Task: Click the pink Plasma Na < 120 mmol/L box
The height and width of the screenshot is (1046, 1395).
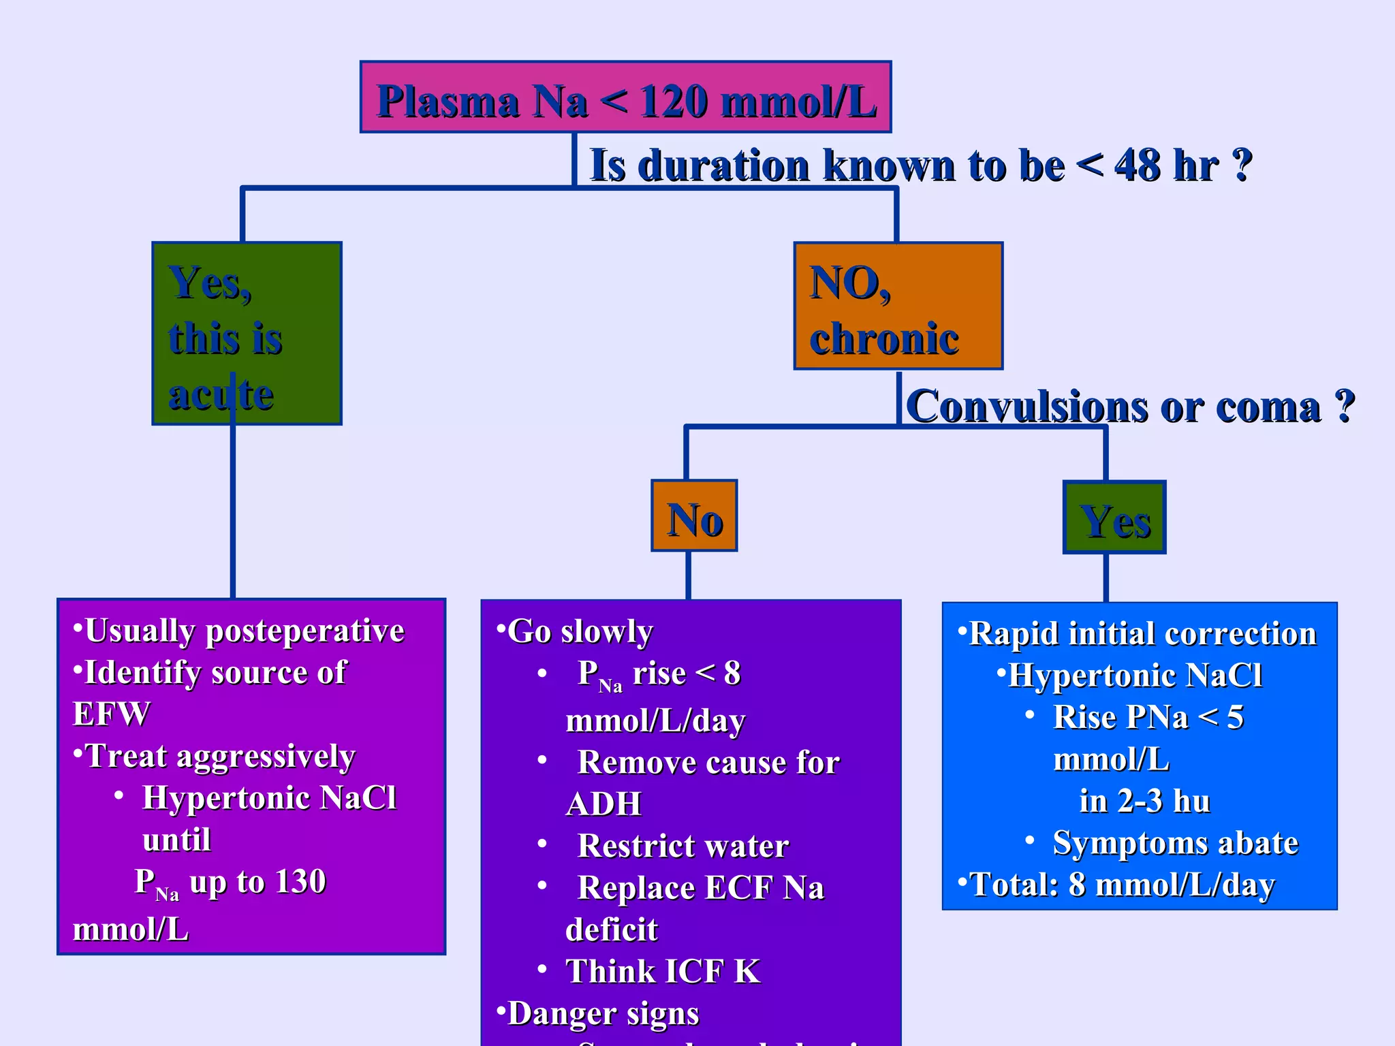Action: coord(625,98)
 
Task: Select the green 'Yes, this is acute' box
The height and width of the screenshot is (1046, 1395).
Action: coord(247,334)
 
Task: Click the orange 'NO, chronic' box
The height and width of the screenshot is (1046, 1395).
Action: coord(898,306)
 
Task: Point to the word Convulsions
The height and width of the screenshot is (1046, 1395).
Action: coord(1027,407)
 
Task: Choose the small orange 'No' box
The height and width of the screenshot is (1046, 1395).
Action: coord(694,516)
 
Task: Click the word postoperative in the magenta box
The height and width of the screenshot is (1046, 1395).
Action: coord(305,631)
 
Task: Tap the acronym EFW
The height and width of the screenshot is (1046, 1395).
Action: coord(111,714)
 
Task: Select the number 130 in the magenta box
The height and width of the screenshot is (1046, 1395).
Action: coord(300,882)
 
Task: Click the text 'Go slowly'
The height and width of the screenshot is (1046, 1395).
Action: coord(580,632)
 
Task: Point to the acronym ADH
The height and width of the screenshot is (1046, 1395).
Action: coord(604,804)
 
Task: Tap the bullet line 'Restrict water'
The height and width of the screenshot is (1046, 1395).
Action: coord(683,846)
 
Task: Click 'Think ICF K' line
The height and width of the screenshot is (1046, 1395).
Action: coord(662,972)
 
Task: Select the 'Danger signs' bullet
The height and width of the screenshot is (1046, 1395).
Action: coord(603,1013)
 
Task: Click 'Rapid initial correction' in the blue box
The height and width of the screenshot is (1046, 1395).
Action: coord(1142,634)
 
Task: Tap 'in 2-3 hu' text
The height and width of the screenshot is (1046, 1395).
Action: coord(1144,802)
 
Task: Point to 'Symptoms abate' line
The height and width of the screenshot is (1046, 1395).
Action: coord(1175,843)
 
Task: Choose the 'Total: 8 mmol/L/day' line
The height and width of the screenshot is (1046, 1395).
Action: coord(1121,885)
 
